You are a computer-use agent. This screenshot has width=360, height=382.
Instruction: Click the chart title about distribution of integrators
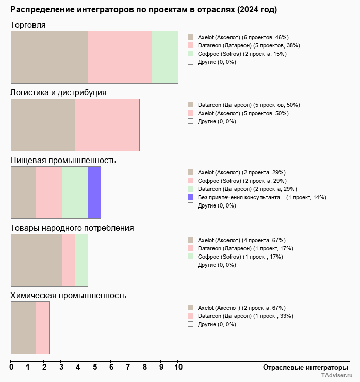143,10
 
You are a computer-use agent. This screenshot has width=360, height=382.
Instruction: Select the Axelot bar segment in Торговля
49,57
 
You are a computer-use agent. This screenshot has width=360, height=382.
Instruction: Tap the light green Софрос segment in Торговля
165,57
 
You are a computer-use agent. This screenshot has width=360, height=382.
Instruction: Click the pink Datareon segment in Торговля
120,57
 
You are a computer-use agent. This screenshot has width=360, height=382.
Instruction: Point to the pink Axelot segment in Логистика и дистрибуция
107,124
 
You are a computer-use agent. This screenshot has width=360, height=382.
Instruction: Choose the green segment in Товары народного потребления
81,260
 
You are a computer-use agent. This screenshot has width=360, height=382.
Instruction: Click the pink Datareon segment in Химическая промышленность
42,328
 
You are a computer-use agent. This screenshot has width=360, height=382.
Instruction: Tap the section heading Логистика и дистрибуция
59,93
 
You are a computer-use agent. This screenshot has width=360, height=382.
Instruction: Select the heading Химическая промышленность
69,296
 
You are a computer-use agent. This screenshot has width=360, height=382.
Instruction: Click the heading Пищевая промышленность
63,161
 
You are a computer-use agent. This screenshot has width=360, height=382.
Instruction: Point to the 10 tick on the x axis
178,368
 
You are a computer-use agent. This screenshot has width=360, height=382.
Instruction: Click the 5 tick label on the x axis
95,368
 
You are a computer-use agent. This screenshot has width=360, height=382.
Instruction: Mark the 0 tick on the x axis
11,368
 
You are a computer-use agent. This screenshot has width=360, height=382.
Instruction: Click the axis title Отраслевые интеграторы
305,368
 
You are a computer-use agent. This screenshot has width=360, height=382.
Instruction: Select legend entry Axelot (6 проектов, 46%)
243,37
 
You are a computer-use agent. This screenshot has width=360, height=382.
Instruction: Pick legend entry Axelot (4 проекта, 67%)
241,240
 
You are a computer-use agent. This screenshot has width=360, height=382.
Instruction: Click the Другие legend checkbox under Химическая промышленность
191,324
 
